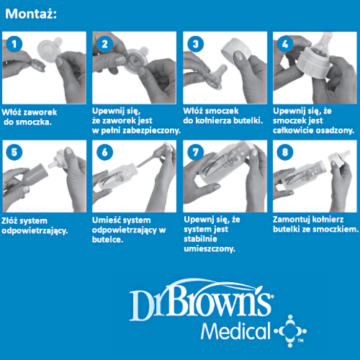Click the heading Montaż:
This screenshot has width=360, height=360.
[x=31, y=14]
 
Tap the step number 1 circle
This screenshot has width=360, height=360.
[x=14, y=44]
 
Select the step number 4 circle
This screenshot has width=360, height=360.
[x=285, y=44]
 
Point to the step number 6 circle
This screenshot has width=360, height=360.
[x=104, y=152]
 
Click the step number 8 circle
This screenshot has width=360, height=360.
[x=285, y=152]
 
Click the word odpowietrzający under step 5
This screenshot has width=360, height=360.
[x=35, y=230]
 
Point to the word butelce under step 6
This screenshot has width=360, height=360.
[x=107, y=240]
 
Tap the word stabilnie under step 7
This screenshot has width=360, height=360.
[x=200, y=239]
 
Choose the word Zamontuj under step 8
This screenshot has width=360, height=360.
[x=290, y=220]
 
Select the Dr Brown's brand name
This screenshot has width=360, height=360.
[x=201, y=301]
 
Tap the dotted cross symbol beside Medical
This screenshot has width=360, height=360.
[x=290, y=331]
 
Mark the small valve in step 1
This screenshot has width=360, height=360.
[x=37, y=66]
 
